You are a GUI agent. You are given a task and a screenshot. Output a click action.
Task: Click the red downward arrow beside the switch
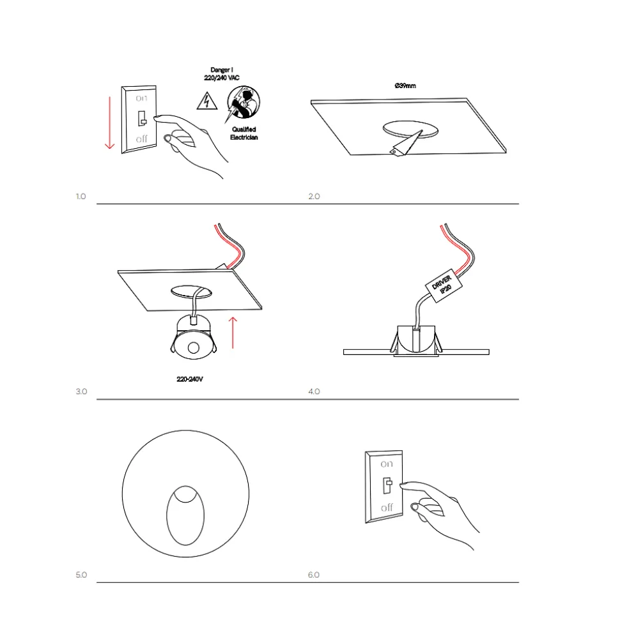point(110,123)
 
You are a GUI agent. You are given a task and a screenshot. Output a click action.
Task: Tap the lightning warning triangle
point(206,102)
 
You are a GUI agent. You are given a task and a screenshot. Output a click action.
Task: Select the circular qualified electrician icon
point(243,102)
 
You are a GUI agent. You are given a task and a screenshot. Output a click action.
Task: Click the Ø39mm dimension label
point(405,86)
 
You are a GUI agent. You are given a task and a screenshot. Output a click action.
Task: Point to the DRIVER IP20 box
point(444,285)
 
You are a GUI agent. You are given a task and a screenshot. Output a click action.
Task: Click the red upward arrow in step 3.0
point(233,333)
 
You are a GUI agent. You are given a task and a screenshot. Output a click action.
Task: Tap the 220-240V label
point(190,379)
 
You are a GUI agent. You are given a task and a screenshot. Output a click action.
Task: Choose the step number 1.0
point(81,197)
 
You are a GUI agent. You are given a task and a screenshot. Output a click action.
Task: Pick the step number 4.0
point(314,391)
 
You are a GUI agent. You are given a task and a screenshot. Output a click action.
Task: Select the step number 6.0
point(314,575)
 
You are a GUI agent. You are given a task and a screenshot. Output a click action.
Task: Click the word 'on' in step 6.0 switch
point(387,464)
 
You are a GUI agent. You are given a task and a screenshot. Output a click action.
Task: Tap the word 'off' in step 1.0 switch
point(141,139)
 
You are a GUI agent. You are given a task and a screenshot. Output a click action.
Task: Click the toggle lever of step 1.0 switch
point(142,118)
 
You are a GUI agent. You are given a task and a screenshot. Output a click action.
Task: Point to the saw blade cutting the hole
point(405,143)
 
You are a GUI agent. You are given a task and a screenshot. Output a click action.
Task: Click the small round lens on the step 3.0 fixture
point(194,347)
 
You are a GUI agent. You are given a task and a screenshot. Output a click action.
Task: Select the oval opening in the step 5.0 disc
point(185,515)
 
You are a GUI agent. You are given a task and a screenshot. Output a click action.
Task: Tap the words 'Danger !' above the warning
point(222,70)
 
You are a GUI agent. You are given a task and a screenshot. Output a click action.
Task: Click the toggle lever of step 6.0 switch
point(387,485)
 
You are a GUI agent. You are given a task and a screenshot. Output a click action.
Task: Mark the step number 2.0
point(314,197)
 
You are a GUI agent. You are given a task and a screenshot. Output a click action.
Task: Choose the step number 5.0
point(81,575)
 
